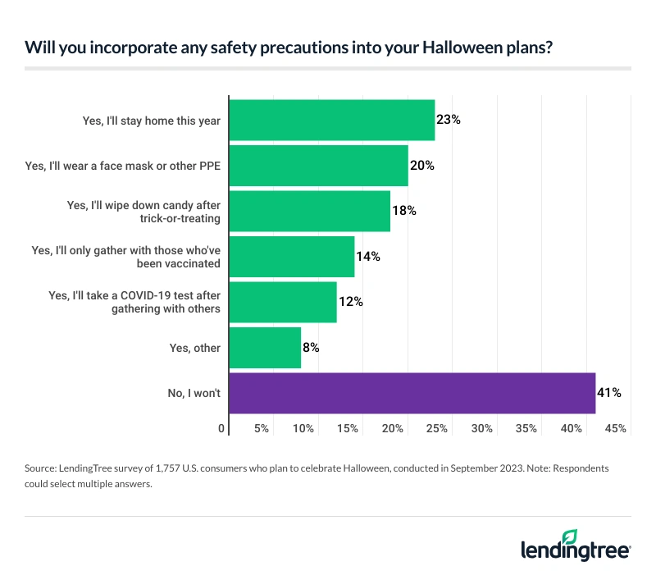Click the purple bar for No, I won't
point(412,393)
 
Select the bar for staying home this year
point(331,120)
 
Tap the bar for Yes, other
point(265,348)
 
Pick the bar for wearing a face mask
point(318,165)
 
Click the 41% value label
point(609,393)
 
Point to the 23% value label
point(449,120)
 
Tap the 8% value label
point(310,348)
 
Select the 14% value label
point(367,257)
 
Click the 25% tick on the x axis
point(436,428)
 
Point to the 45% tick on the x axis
point(615,428)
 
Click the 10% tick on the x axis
point(303,428)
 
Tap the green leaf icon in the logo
point(571,536)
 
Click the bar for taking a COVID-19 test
point(283,302)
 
